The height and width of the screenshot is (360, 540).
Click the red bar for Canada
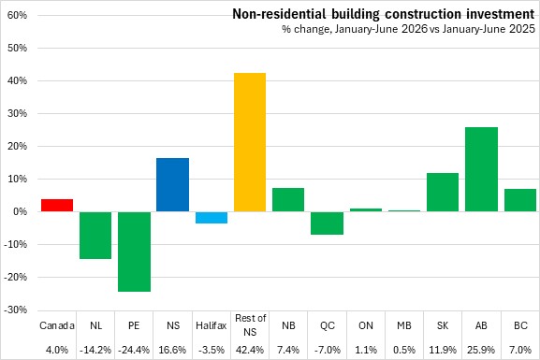pyautogui.click(x=57, y=205)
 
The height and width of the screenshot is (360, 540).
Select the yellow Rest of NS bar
pyautogui.click(x=250, y=142)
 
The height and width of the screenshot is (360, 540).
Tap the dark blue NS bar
pyautogui.click(x=172, y=185)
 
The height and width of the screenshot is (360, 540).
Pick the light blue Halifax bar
pyautogui.click(x=212, y=218)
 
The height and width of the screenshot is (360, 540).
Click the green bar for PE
pyautogui.click(x=135, y=252)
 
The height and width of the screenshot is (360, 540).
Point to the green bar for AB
pyautogui.click(x=481, y=169)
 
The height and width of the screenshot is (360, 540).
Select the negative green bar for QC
pyautogui.click(x=327, y=223)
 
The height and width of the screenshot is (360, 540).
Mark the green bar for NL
pyautogui.click(x=95, y=236)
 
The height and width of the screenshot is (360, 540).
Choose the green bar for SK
pyautogui.click(x=443, y=192)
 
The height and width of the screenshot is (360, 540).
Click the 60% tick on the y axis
pyautogui.click(x=17, y=16)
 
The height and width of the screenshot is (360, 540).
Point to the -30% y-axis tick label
pyautogui.click(x=16, y=310)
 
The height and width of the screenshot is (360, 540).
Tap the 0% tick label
pyautogui.click(x=20, y=211)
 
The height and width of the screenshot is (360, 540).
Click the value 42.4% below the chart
pyautogui.click(x=250, y=350)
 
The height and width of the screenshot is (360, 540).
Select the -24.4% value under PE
pyautogui.click(x=134, y=350)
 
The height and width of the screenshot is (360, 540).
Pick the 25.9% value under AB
pyautogui.click(x=481, y=350)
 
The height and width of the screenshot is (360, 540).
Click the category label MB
pyautogui.click(x=404, y=325)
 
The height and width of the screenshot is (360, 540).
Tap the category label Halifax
pyautogui.click(x=212, y=325)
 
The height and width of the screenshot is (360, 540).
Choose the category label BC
pyautogui.click(x=520, y=325)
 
